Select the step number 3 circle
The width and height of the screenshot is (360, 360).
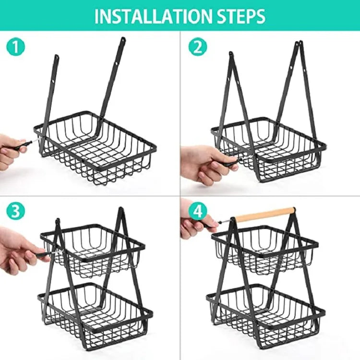pyautogui.click(x=15, y=211)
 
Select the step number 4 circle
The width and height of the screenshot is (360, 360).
pyautogui.click(x=197, y=211)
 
